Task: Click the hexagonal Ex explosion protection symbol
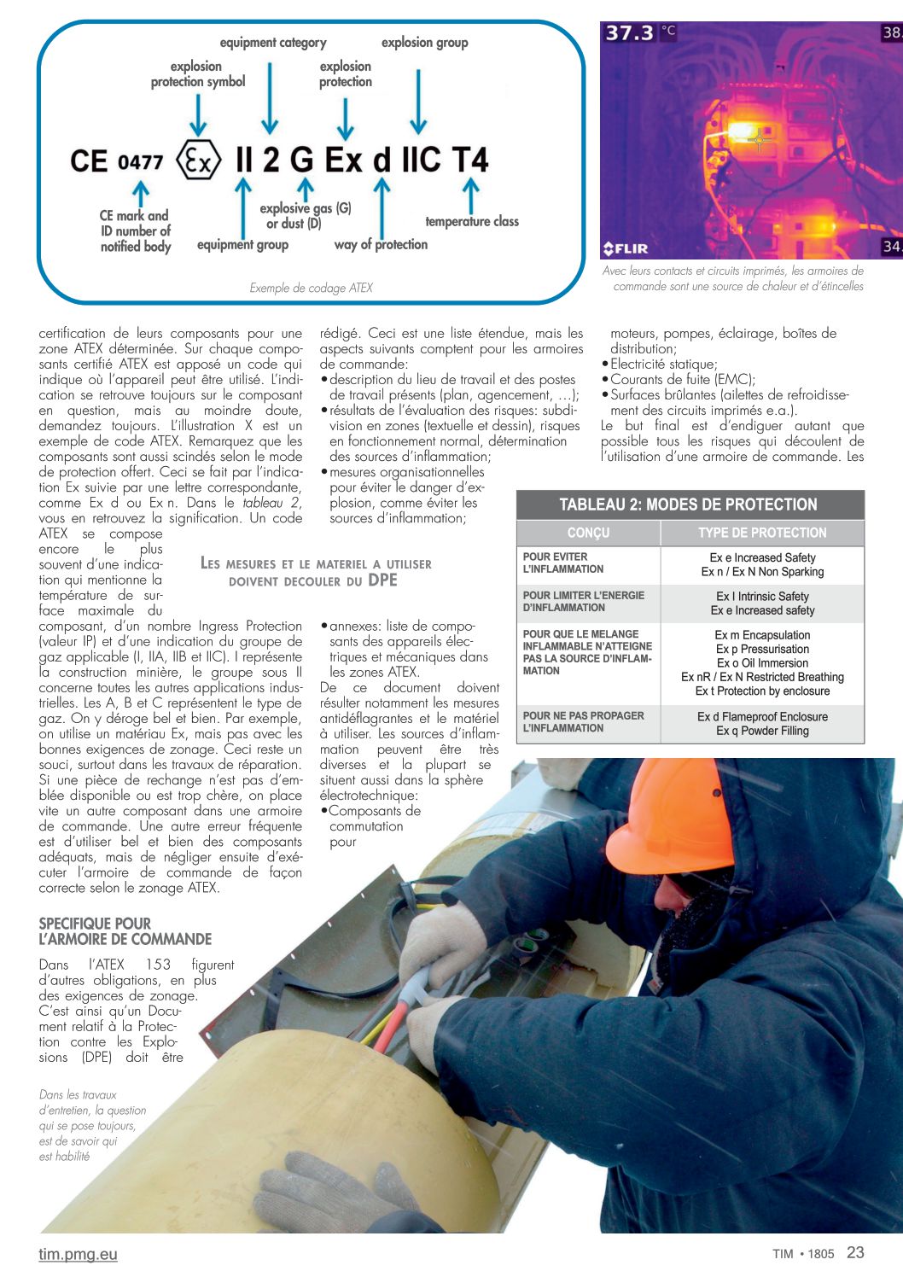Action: coord(198,160)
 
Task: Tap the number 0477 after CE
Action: coord(140,161)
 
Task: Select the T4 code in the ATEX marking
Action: coord(469,160)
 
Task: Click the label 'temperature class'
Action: coord(472,222)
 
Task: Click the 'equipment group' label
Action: coord(242,245)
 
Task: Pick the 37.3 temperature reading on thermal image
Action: coord(629,33)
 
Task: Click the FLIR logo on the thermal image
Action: coord(626,248)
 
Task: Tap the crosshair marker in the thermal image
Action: coord(759,138)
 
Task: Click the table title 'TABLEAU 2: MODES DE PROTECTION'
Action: coord(689,504)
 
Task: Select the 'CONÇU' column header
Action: coord(588,533)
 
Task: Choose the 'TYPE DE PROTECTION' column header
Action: coord(762,533)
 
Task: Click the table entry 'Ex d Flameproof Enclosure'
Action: coord(762,717)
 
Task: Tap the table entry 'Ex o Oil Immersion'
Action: coord(762,663)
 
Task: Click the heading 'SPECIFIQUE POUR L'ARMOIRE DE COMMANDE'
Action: coord(125,931)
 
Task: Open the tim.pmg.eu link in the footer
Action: coord(78,1254)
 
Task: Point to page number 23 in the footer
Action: coord(855,1252)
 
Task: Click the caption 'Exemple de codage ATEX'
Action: coord(311,289)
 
